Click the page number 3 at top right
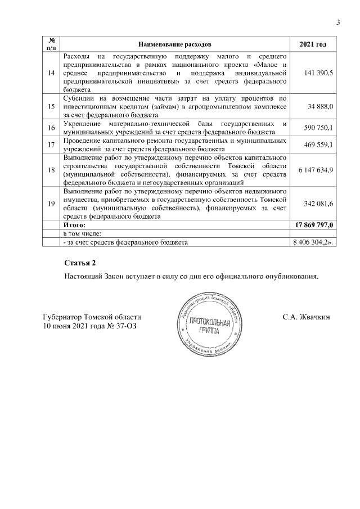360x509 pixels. [x=339, y=22]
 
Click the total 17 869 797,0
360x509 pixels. [x=314, y=224]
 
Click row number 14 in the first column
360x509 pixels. [x=52, y=74]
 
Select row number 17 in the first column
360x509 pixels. [x=52, y=145]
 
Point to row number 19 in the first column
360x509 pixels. [x=52, y=202]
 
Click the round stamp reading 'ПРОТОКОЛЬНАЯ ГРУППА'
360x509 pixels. [x=209, y=327]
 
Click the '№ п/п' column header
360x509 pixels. [x=52, y=44]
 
